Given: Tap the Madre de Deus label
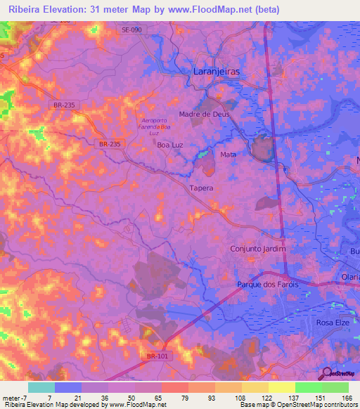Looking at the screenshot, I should point(205,114).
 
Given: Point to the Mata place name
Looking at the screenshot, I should point(228,155).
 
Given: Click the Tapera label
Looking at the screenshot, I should point(200,188).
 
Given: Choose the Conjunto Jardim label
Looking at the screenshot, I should point(258,249).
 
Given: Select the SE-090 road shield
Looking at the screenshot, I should point(131,30).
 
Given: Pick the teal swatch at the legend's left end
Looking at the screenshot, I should point(41,387).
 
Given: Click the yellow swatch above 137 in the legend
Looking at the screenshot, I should point(281,387).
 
